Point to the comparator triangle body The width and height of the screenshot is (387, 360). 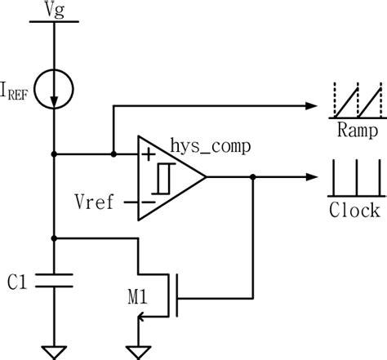(168, 177)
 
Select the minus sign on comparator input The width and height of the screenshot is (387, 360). (148, 201)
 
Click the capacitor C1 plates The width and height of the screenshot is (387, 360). (54, 280)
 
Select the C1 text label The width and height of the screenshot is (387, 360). (20, 282)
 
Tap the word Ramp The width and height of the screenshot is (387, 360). (355, 131)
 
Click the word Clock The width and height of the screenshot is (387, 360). (355, 211)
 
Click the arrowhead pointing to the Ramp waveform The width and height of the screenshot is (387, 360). (310, 105)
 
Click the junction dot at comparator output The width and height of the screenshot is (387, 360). (254, 177)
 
